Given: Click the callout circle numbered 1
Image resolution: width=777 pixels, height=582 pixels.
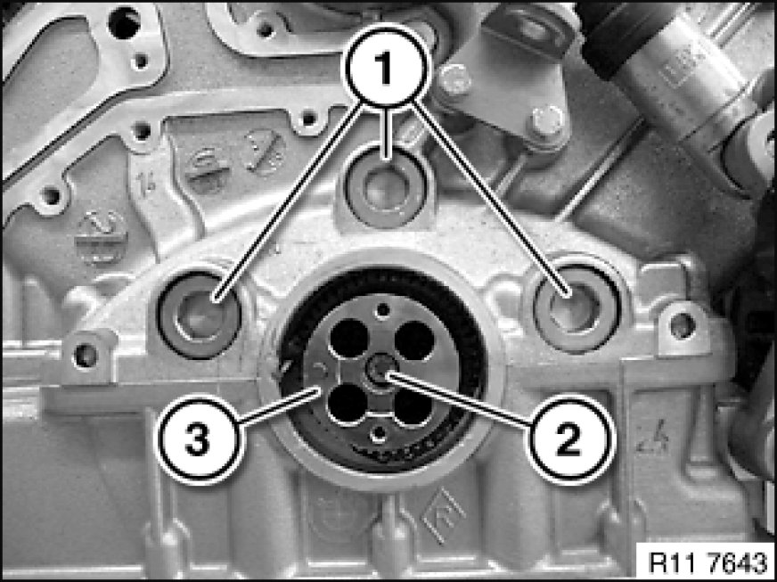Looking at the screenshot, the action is [x=387, y=66].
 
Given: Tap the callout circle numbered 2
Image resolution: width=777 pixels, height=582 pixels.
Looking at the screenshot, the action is [x=569, y=439].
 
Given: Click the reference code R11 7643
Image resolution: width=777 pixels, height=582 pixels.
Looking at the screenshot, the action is [x=707, y=562].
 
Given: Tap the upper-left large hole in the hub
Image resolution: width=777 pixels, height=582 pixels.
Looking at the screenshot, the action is [x=349, y=338].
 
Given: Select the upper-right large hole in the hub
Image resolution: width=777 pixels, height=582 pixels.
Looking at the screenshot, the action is [x=414, y=340].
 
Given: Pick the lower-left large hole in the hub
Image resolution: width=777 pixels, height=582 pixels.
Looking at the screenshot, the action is [x=348, y=404].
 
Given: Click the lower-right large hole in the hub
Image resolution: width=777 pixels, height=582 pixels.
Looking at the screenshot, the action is [x=413, y=406].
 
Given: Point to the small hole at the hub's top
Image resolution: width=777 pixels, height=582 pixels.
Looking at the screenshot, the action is [x=383, y=310].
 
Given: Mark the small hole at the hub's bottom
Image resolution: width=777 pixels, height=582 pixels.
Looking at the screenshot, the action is [x=379, y=434].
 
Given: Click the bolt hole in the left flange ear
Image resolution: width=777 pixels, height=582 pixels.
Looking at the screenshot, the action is [x=86, y=355].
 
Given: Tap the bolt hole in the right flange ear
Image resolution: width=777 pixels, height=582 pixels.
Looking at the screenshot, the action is [x=683, y=325].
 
